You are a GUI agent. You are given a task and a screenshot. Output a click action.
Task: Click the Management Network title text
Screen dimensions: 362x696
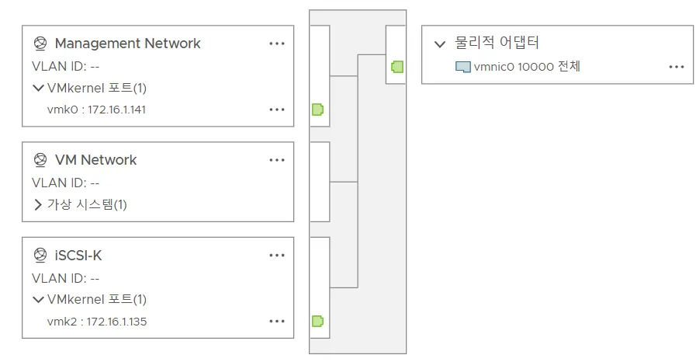(127, 44)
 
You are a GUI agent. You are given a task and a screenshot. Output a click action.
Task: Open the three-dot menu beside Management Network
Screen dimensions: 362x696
(277, 44)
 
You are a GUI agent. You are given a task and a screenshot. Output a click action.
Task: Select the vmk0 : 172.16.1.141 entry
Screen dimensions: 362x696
(96, 110)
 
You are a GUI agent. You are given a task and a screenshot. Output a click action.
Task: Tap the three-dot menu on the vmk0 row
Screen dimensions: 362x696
(277, 110)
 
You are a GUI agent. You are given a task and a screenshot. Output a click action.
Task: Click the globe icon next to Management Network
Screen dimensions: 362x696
(40, 44)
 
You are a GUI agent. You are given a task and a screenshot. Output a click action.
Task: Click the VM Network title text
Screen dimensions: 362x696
(95, 160)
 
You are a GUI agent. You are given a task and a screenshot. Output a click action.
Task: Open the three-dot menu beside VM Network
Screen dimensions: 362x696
(277, 160)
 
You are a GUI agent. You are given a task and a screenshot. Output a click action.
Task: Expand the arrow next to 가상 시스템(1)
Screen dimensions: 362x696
(38, 205)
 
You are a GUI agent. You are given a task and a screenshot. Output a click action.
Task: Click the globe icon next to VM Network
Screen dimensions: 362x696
(40, 160)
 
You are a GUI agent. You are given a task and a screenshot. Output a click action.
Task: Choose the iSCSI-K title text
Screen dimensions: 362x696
(78, 256)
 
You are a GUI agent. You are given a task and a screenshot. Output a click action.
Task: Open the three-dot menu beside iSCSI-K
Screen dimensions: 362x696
(277, 256)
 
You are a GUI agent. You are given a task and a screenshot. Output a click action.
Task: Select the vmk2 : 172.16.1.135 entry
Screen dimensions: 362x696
(96, 321)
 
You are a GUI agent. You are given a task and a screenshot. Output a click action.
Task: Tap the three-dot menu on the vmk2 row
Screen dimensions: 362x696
(277, 321)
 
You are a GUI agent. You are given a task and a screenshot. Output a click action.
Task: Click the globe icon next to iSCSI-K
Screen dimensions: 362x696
(40, 256)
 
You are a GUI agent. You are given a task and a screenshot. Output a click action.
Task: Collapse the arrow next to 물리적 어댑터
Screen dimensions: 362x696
(440, 44)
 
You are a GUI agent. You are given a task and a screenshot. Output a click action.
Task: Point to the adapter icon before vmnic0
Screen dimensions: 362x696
(463, 67)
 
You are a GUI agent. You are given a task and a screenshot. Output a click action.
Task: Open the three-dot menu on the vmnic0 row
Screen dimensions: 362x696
(676, 67)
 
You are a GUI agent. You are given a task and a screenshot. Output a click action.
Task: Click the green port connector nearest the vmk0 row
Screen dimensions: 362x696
(317, 110)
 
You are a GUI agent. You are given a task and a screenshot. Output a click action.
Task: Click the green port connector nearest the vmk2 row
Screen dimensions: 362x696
(317, 321)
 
